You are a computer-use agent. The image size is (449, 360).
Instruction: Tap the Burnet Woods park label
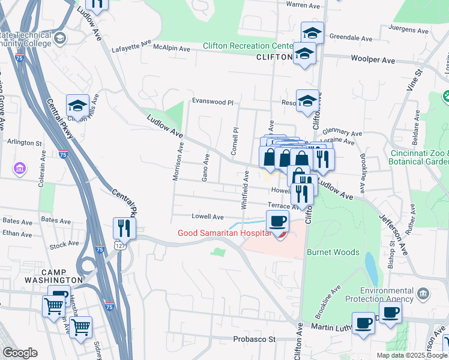(333, 253)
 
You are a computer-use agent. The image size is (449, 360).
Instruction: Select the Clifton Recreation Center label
(247, 46)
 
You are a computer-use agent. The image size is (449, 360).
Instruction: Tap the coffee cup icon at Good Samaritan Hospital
(278, 222)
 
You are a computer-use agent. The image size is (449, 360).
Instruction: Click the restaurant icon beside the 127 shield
(124, 228)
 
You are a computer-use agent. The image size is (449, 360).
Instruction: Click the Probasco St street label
(254, 339)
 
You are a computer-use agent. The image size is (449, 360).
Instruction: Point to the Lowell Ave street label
(207, 217)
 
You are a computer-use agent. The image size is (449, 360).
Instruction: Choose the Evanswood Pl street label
(212, 103)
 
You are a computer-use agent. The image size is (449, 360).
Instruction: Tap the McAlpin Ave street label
(171, 49)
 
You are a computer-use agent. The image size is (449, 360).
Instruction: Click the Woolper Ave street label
(373, 61)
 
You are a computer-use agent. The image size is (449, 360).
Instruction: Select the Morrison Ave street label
(178, 160)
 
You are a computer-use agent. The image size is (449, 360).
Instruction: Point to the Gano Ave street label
(205, 169)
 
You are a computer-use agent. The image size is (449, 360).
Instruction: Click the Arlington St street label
(24, 143)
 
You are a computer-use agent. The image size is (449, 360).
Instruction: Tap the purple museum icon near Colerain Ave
(20, 169)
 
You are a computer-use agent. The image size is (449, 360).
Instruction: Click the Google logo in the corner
(20, 353)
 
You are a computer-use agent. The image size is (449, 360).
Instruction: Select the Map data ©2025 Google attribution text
(411, 355)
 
